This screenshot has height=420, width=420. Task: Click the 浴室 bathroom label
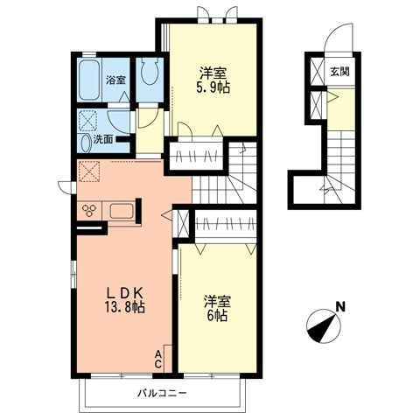(115, 80)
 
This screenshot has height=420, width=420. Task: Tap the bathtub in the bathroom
(89, 80)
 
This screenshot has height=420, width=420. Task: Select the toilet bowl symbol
(149, 71)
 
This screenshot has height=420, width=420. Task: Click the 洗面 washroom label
(103, 140)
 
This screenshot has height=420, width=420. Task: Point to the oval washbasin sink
(86, 143)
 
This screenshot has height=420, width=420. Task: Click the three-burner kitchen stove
(89, 210)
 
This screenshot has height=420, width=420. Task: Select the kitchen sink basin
(122, 211)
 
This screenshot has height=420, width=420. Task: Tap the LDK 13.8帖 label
(125, 299)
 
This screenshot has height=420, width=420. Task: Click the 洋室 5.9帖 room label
(213, 80)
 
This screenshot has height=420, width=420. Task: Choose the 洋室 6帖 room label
(217, 309)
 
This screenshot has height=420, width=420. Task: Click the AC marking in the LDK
(158, 359)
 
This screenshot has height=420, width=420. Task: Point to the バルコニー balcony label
(162, 393)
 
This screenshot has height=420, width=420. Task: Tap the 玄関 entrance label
(339, 72)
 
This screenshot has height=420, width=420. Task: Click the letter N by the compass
(340, 307)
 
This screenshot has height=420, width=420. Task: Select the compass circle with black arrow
(324, 326)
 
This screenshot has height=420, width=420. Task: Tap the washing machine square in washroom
(88, 121)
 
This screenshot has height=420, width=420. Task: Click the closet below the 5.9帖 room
(196, 156)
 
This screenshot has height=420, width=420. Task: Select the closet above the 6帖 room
(226, 224)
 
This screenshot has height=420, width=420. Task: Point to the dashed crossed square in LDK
(89, 171)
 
